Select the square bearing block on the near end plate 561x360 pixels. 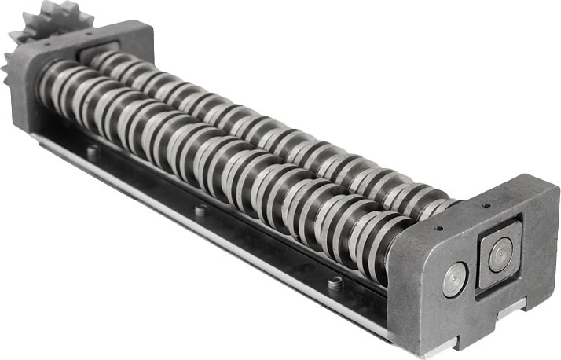[498, 258]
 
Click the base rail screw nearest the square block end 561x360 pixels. [335, 282]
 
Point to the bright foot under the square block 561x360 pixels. [511, 311]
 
